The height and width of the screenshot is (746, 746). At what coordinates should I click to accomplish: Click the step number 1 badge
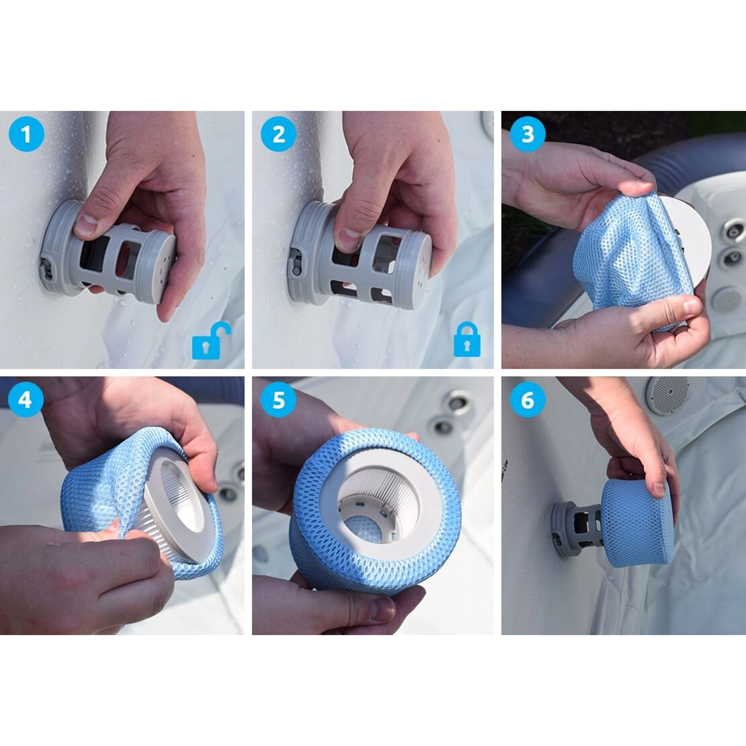click(26, 134)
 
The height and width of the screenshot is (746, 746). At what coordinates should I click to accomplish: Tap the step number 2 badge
click(279, 134)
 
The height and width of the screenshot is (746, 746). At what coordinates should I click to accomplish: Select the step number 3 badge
click(527, 134)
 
